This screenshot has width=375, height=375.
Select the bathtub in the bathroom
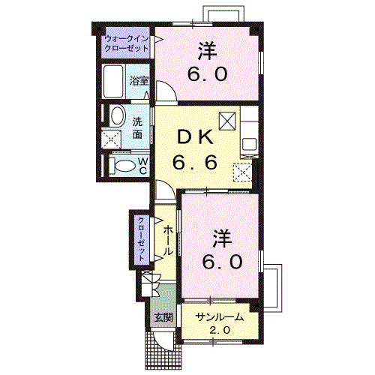tap(115, 80)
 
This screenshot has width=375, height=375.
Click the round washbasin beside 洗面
tap(117, 116)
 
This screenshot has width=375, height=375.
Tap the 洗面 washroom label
tap(138, 128)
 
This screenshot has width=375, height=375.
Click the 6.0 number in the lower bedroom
tap(222, 262)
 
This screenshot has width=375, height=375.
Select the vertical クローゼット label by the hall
tap(140, 239)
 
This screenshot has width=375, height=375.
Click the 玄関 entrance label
tap(163, 317)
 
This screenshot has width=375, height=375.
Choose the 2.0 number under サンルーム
tap(219, 331)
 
